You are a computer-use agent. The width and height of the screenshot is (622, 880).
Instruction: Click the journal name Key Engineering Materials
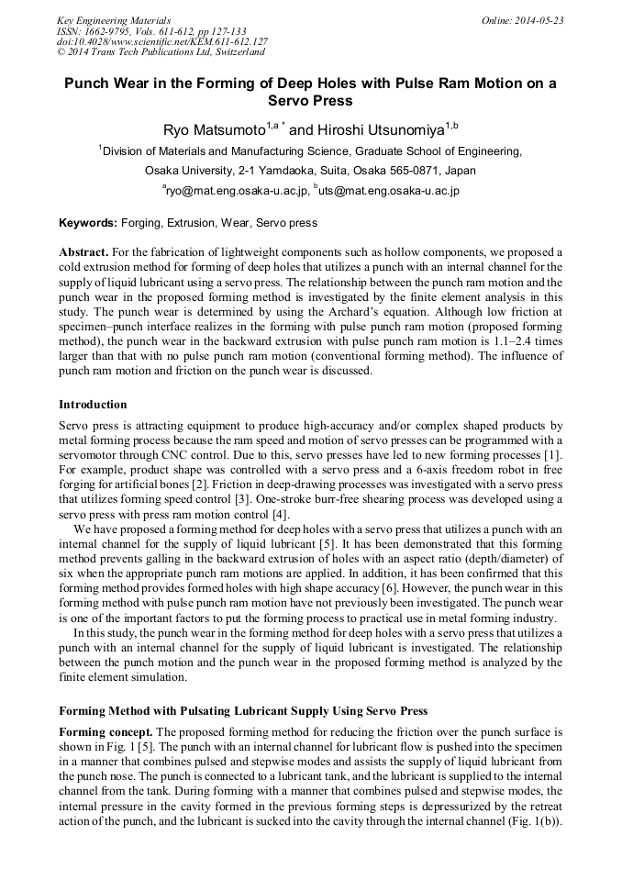pyautogui.click(x=113, y=20)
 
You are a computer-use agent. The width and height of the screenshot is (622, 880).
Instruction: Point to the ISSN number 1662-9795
pyautogui.click(x=107, y=31)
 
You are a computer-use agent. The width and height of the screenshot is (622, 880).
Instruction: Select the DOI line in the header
pyautogui.click(x=161, y=42)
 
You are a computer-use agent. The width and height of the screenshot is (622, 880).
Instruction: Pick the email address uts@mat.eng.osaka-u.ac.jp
pyautogui.click(x=390, y=191)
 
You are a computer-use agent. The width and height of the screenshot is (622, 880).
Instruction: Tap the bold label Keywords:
pyautogui.click(x=88, y=223)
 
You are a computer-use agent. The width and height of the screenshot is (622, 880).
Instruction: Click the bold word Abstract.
pyautogui.click(x=83, y=251)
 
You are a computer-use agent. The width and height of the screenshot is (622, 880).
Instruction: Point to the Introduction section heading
pyautogui.click(x=93, y=405)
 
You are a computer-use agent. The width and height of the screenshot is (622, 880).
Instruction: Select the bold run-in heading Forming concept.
pyautogui.click(x=106, y=732)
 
